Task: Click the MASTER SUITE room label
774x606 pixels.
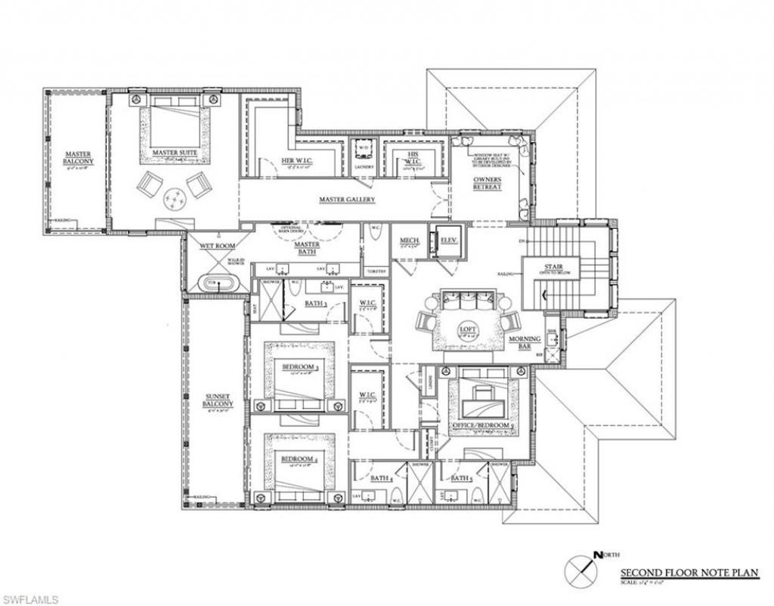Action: [175, 153]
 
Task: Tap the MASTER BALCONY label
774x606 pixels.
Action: [78, 157]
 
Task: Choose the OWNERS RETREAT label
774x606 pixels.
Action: [487, 184]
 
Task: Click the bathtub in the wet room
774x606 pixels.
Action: [218, 283]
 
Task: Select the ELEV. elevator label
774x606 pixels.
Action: [449, 241]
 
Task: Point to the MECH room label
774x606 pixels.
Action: [410, 241]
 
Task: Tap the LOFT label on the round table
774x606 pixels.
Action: [468, 329]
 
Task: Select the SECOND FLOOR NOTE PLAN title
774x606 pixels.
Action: [689, 573]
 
